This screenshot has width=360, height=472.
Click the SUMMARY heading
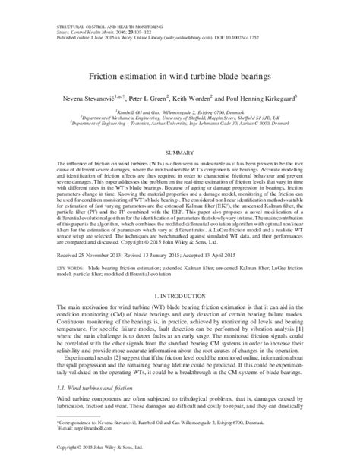tap(180, 153)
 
